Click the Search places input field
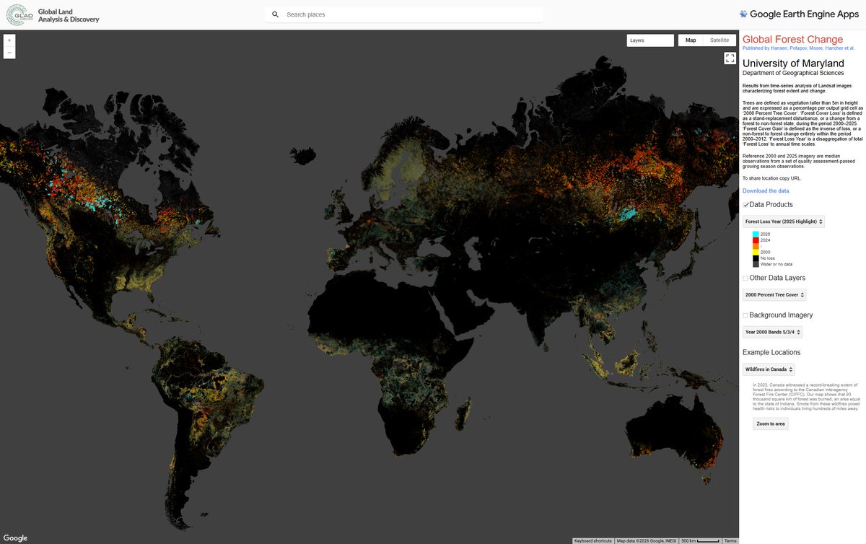(411, 14)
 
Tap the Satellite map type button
(720, 40)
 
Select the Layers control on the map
(649, 40)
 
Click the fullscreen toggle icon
(730, 58)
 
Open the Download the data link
(766, 190)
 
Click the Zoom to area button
(770, 424)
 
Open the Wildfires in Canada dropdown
(769, 369)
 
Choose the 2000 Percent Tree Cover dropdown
(774, 295)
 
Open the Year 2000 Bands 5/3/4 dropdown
(772, 333)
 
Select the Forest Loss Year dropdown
(784, 221)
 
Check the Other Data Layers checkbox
(745, 278)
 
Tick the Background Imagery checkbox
(745, 315)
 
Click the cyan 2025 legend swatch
(756, 234)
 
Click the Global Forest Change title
(792, 40)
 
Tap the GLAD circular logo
(18, 15)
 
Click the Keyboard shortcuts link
(593, 540)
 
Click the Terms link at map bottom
(730, 540)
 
